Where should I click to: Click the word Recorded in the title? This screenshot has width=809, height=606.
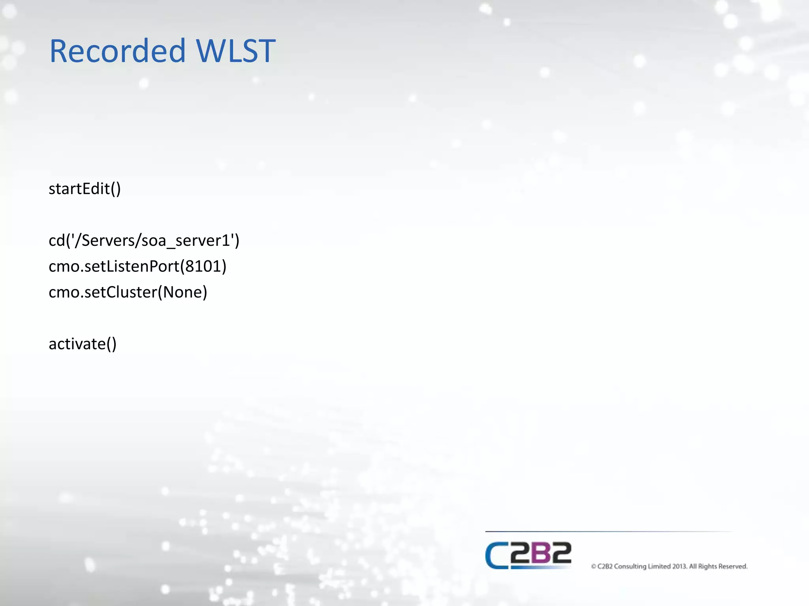click(x=117, y=51)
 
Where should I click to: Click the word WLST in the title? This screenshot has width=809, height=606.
click(x=235, y=51)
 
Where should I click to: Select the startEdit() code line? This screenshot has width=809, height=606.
click(x=85, y=189)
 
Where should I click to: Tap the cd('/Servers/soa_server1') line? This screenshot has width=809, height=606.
click(x=144, y=241)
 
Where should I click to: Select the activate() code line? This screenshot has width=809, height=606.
click(x=83, y=344)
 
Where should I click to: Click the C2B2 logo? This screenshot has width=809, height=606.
click(x=528, y=555)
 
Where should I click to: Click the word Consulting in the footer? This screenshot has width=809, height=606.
click(x=630, y=567)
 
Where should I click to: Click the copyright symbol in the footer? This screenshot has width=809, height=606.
click(x=593, y=567)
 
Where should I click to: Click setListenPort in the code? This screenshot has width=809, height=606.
click(x=132, y=267)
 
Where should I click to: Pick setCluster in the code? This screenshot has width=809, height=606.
click(x=120, y=292)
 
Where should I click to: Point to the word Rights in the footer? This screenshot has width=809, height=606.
click(x=707, y=567)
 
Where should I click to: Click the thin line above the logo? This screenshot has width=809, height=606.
click(x=608, y=531)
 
